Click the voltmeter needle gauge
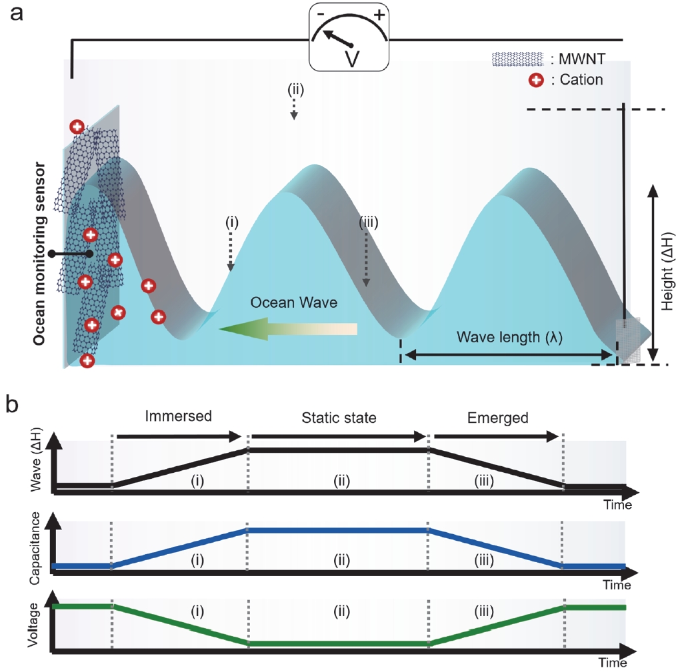click(349, 37)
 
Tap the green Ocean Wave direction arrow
click(288, 329)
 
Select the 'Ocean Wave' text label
click(293, 302)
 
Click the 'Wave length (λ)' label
click(509, 337)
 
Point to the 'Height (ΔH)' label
click(667, 272)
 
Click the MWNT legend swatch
click(517, 59)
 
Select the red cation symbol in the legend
click(536, 80)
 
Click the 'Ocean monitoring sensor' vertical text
click(39, 254)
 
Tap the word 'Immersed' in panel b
click(178, 416)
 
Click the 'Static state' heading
click(339, 418)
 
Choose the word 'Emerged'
click(498, 418)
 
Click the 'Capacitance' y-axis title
click(35, 548)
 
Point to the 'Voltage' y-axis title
click(33, 625)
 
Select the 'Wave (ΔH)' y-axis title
click(36, 460)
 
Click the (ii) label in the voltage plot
click(342, 611)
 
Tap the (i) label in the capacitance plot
click(197, 560)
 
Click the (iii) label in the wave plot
click(484, 480)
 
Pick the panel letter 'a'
click(16, 13)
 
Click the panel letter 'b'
click(12, 405)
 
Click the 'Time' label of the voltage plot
click(613, 663)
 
